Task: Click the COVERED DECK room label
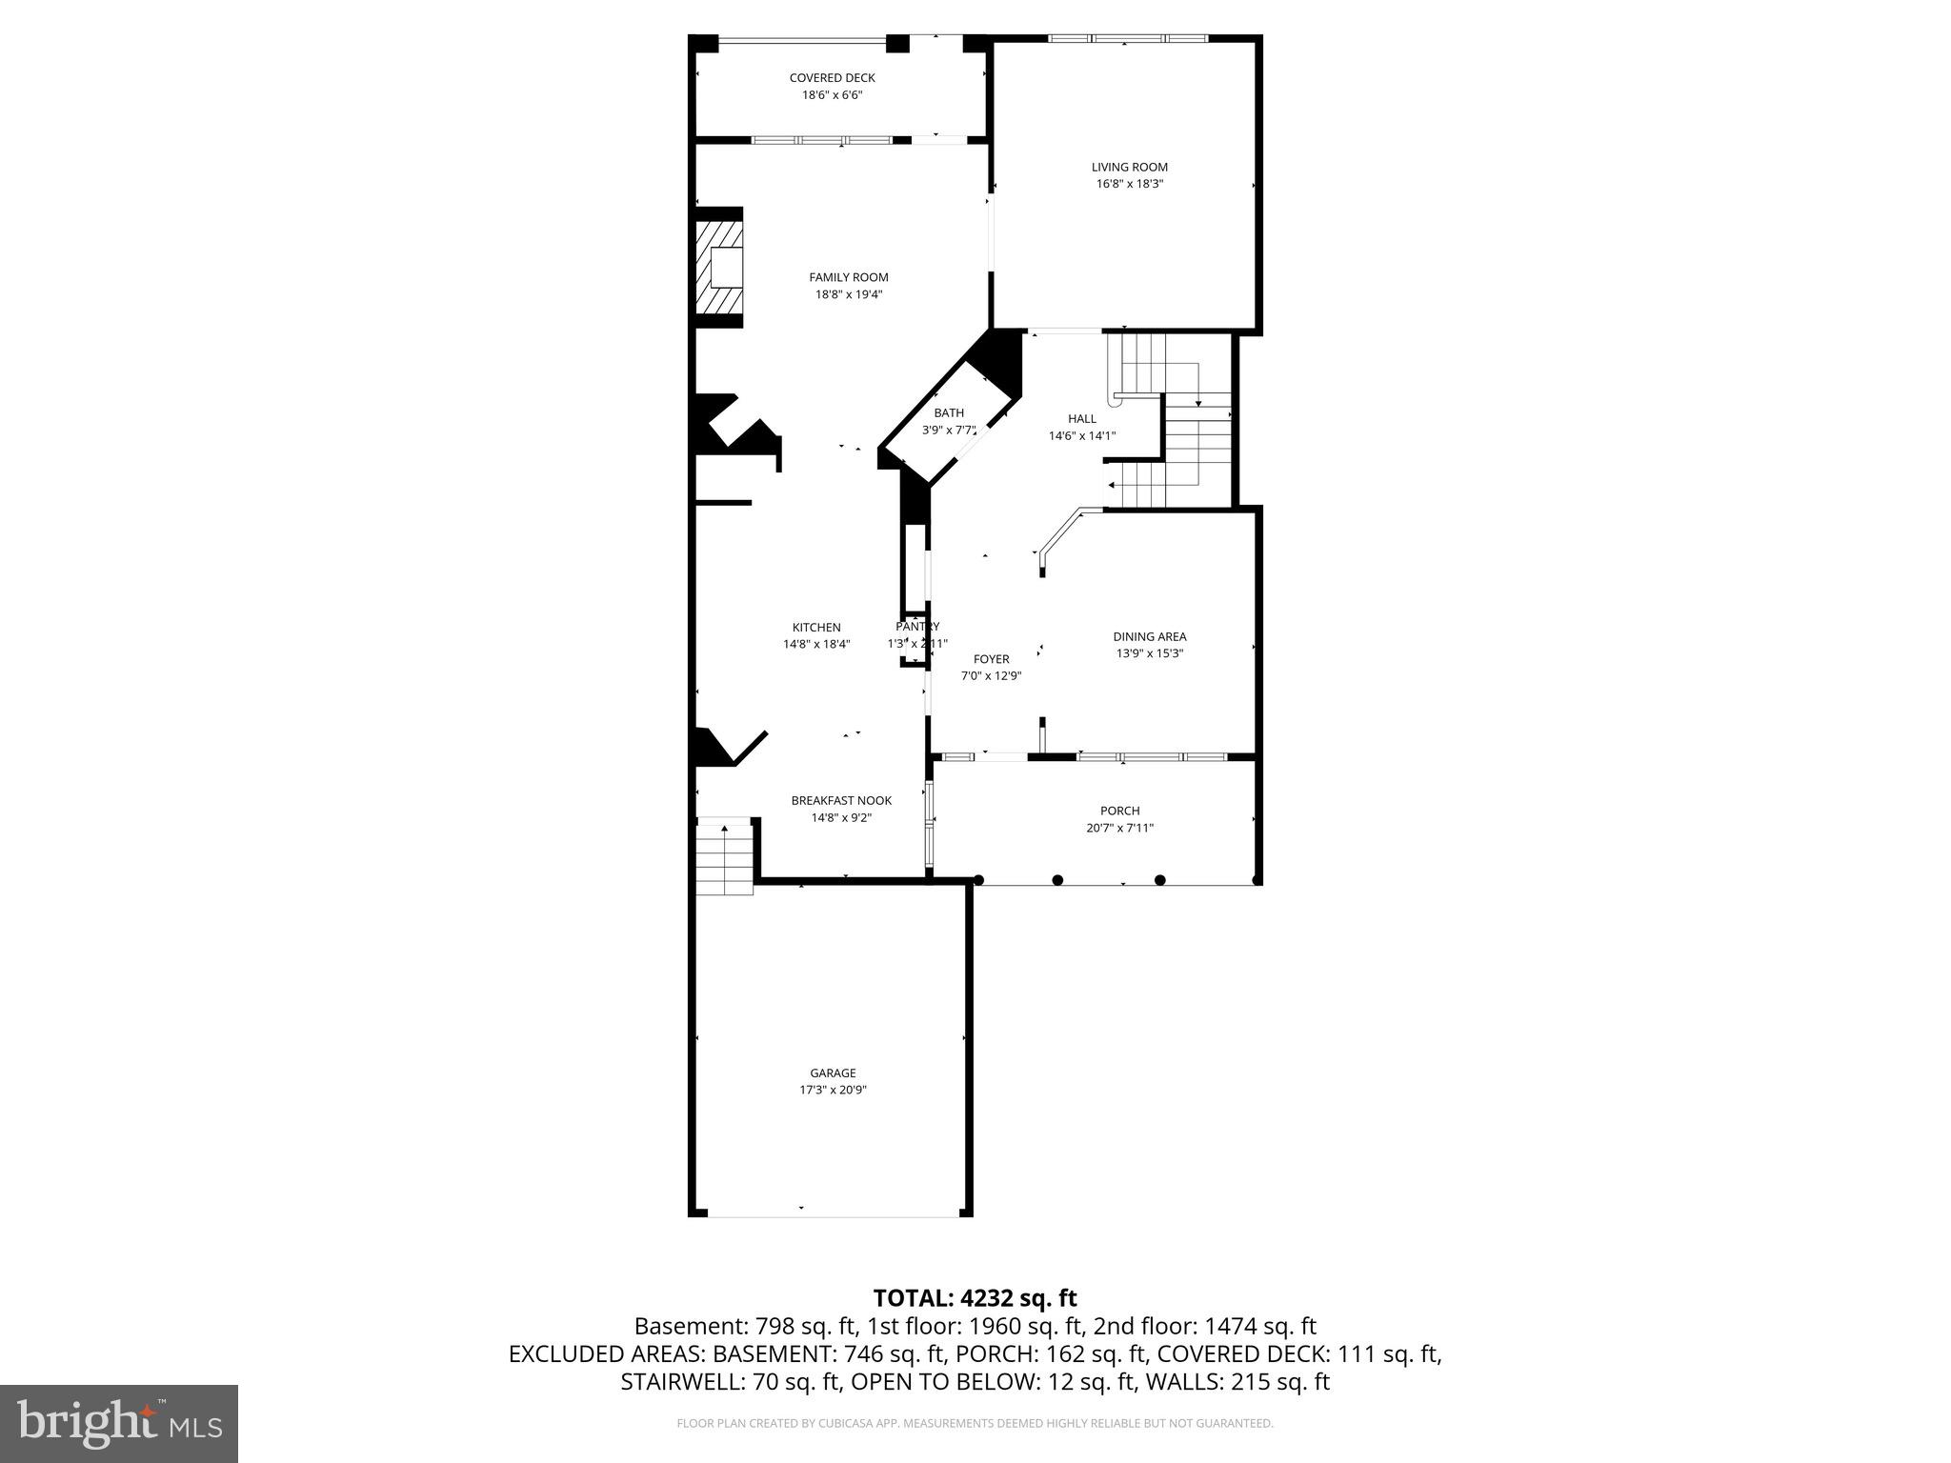coord(832,78)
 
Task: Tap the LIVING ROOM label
coord(1129,168)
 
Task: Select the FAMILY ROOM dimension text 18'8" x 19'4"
coord(848,294)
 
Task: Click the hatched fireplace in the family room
coord(719,267)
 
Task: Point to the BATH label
coord(948,412)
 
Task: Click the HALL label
coord(1081,418)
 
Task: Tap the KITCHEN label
coord(816,628)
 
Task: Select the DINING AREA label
coord(1149,636)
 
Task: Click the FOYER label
coord(991,659)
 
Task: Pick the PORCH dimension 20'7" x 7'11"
coord(1119,828)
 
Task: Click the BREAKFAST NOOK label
coord(841,801)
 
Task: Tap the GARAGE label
coord(833,1072)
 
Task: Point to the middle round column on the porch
coord(1057,880)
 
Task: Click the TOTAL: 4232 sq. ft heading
coord(975,1297)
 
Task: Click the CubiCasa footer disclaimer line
coord(975,1424)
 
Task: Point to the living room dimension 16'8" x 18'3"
coord(1129,184)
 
